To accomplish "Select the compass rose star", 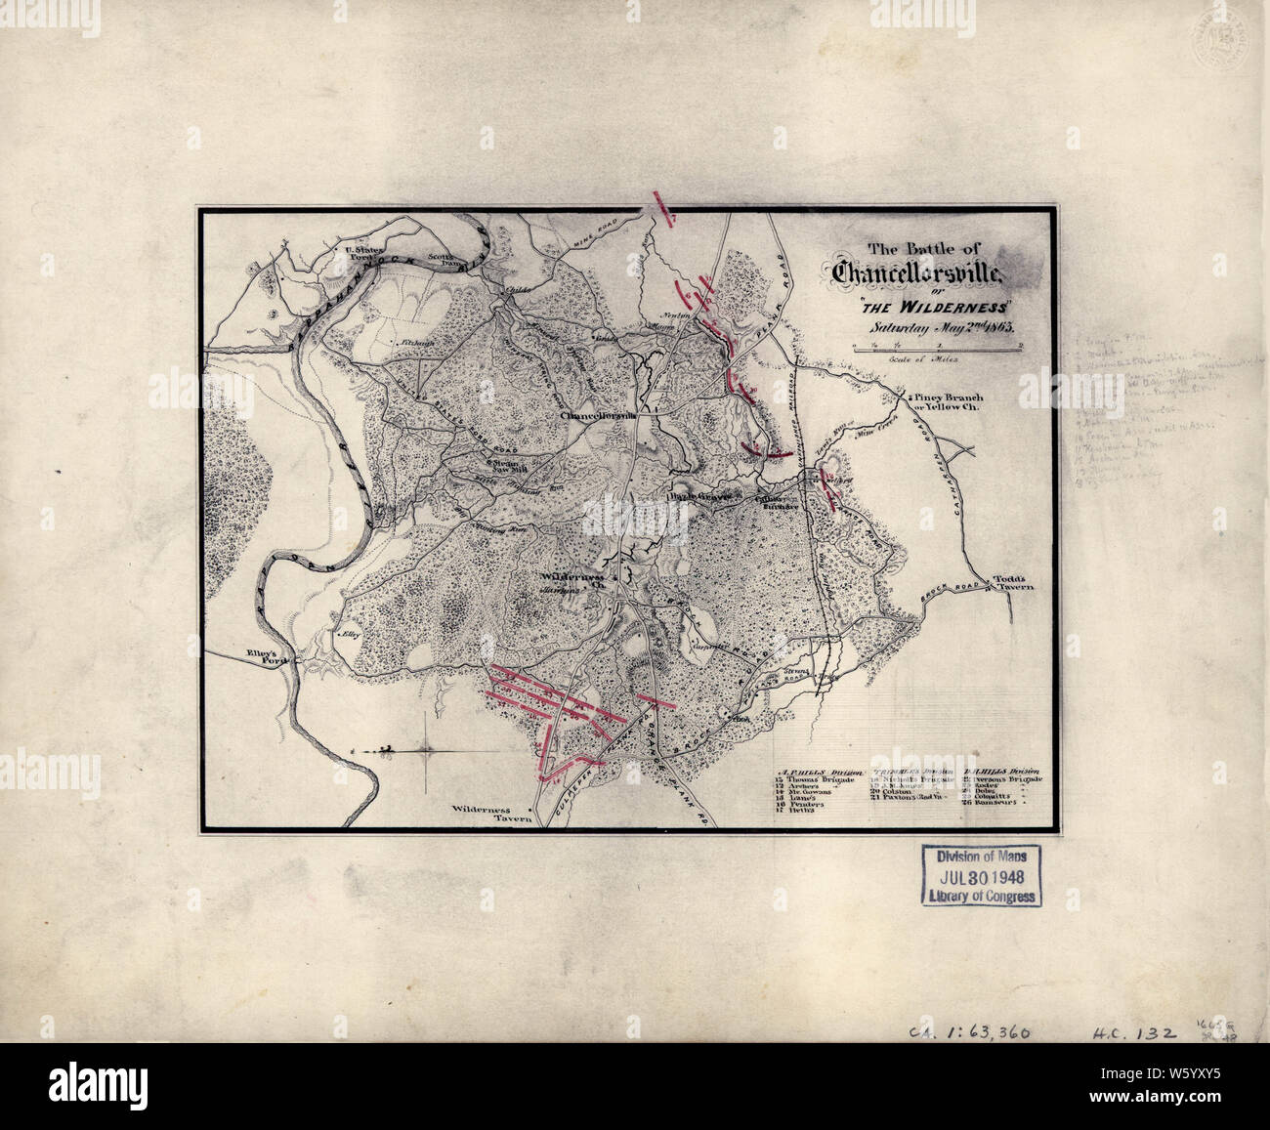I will [x=427, y=750].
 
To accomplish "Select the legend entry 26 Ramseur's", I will [x=992, y=800].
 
